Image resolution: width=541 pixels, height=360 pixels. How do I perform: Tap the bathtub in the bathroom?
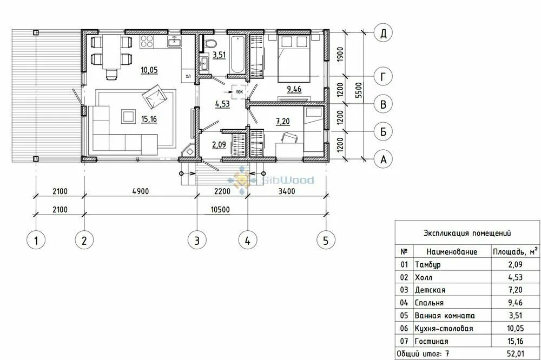(237, 54)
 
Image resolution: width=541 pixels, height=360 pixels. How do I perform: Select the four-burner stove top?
(147, 41)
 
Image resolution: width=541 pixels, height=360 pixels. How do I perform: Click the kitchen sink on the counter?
(175, 42)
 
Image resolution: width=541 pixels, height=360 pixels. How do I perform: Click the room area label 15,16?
(149, 119)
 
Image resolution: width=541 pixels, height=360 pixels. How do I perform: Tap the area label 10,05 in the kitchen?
(149, 70)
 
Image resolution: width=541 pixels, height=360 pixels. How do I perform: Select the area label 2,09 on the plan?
(219, 145)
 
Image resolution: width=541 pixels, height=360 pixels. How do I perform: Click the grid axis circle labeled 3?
(197, 240)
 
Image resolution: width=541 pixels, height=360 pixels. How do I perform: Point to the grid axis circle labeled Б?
(383, 131)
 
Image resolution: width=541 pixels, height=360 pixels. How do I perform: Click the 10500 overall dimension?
(220, 210)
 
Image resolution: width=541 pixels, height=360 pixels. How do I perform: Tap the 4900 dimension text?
(141, 191)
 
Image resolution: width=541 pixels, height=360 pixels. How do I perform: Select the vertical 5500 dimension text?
(359, 90)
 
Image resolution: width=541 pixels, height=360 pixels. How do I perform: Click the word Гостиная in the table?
(431, 342)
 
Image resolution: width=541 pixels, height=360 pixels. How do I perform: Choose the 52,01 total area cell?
(516, 354)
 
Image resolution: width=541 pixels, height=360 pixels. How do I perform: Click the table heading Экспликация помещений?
(467, 233)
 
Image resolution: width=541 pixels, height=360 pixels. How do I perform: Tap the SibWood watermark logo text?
(288, 180)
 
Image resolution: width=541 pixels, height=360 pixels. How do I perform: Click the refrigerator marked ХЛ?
(188, 76)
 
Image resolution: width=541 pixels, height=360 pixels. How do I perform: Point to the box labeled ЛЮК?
(239, 92)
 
